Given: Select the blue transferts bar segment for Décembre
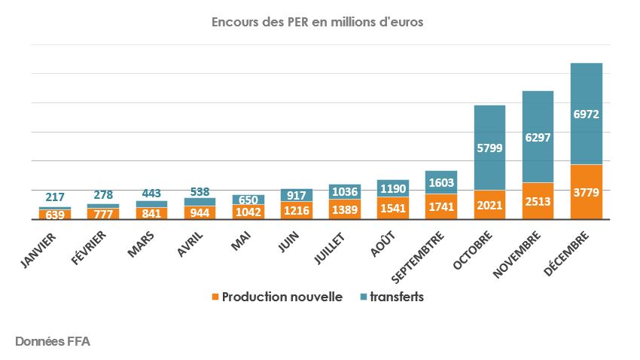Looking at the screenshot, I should click(x=587, y=113).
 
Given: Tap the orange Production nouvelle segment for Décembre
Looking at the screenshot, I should click(x=587, y=191).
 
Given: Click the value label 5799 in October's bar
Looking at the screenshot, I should click(x=489, y=148).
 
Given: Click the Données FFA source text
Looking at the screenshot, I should click(x=53, y=341).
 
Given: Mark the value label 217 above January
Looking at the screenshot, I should click(x=55, y=197).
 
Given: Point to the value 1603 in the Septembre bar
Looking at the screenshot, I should click(x=441, y=182).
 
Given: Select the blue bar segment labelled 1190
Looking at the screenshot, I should click(x=393, y=188).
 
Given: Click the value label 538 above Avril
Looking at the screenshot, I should click(x=200, y=191).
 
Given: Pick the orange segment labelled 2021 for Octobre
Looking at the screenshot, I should click(x=489, y=205).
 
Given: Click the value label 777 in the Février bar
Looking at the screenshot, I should click(x=103, y=215).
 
